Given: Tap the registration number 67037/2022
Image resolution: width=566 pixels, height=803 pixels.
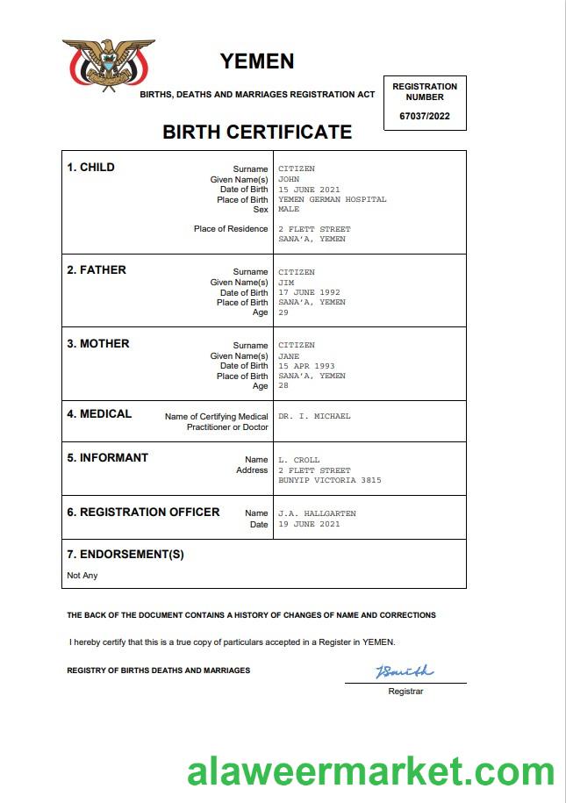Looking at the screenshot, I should point(425,116).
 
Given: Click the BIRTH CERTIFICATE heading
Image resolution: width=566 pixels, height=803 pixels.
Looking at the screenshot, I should point(257,133).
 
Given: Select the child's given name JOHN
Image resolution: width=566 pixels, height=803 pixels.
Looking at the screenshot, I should point(289,179).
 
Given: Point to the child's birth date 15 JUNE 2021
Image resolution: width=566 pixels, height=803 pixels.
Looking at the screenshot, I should point(309,190).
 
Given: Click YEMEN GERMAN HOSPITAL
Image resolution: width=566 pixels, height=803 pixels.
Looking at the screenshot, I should point(332,199).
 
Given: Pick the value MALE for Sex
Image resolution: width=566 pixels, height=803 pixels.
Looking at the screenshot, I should point(289,210).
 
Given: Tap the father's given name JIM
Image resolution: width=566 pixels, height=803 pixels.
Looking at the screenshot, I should point(286,283).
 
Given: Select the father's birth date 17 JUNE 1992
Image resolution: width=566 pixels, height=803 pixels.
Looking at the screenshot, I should point(309,292).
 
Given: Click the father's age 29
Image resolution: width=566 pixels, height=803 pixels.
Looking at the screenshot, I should point(283,312).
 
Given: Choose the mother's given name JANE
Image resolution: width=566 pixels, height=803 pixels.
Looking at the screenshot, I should point(289,356).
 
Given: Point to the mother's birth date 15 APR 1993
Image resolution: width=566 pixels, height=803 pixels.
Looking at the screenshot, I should point(306,366).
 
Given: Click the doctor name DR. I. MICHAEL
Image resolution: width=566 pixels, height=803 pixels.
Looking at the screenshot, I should point(313,416).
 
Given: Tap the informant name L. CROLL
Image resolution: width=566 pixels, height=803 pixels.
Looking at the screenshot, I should point(298,460).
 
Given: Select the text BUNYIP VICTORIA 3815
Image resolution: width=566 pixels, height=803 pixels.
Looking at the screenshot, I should point(329,480).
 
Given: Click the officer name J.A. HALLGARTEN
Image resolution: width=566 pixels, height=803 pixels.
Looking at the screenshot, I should point(317,513).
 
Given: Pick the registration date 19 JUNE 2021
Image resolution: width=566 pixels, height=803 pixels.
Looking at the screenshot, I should point(309,524).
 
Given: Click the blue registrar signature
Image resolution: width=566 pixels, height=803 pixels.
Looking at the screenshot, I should point(405,671).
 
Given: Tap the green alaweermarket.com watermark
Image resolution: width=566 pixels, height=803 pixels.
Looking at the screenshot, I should point(370,771).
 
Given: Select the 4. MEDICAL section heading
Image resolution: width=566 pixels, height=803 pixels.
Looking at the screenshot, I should point(99,413).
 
